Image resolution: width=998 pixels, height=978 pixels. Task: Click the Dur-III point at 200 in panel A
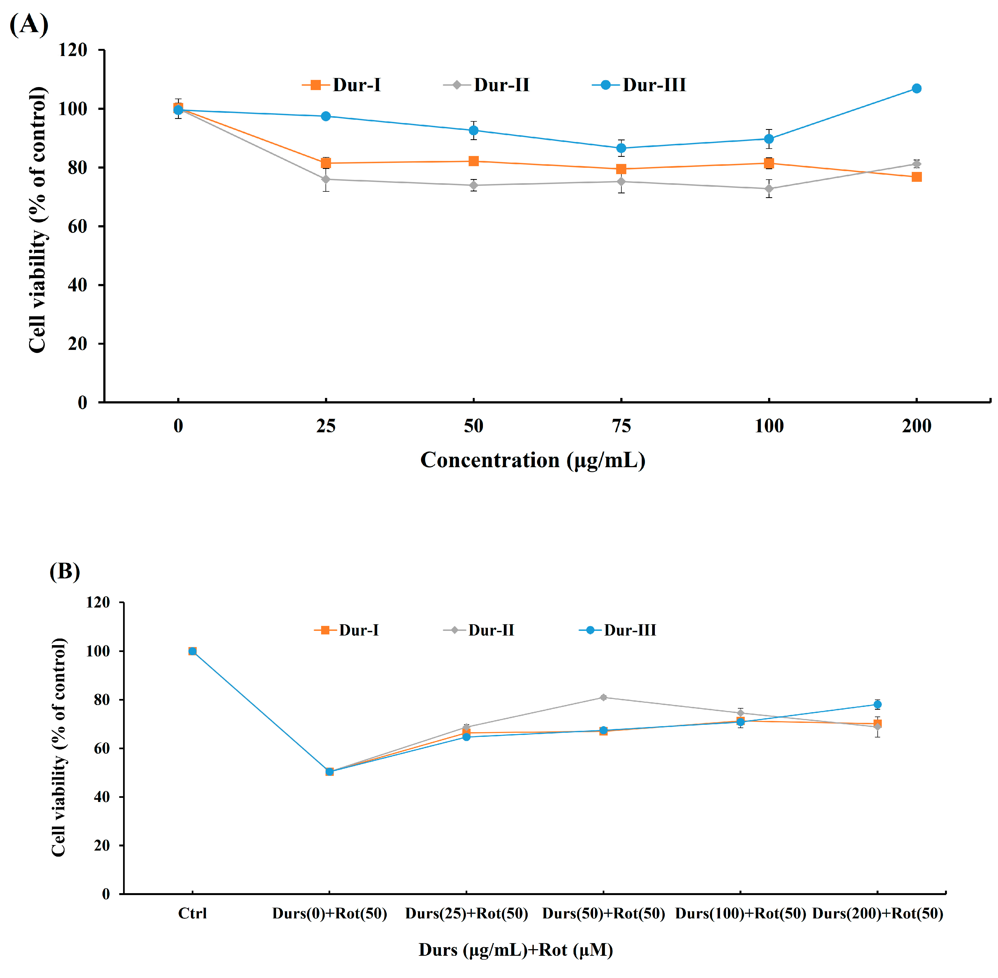[916, 88]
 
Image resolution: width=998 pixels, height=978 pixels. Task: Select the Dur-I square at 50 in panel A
[474, 161]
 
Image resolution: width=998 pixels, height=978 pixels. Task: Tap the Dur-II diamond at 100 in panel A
[769, 188]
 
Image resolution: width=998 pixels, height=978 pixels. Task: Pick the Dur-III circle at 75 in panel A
[621, 148]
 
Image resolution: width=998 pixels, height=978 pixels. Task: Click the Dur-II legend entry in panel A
[487, 85]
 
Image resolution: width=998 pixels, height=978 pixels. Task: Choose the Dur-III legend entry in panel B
[617, 630]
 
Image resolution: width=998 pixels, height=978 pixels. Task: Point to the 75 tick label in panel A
[621, 426]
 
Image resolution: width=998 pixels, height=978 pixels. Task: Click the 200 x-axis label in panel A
[916, 426]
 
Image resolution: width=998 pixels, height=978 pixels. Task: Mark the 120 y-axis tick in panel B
[98, 602]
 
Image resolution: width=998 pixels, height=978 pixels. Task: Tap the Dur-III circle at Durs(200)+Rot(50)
[878, 704]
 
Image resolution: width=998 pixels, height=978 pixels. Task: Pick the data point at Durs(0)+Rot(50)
[330, 771]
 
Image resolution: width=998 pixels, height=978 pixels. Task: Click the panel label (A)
[29, 24]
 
